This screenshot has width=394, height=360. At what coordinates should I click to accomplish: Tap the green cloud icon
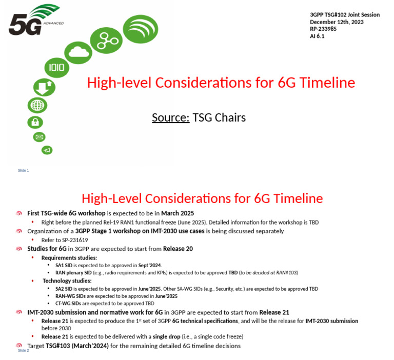(x=78, y=51)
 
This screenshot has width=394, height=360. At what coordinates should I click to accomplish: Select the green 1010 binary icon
(x=56, y=68)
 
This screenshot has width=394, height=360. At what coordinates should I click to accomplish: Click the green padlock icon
(x=35, y=123)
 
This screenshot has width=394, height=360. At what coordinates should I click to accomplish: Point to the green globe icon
(x=37, y=106)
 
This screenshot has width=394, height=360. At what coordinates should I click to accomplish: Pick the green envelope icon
(x=39, y=137)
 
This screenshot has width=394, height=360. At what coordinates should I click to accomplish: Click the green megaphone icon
(x=46, y=150)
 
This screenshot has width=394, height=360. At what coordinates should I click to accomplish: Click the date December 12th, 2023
(x=337, y=22)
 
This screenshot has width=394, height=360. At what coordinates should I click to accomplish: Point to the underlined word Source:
(x=170, y=118)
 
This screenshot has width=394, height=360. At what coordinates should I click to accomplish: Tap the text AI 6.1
(x=317, y=36)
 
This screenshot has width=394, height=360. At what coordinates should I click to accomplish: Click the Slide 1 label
(x=24, y=170)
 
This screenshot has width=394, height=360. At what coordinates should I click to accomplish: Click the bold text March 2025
(x=178, y=213)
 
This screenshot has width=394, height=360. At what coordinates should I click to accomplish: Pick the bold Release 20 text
(x=178, y=249)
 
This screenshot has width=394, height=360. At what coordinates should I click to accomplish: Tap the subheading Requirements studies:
(x=69, y=257)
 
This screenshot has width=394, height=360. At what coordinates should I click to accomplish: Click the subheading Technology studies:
(x=67, y=281)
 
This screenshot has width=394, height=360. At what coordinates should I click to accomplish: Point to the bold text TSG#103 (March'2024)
(x=77, y=346)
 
